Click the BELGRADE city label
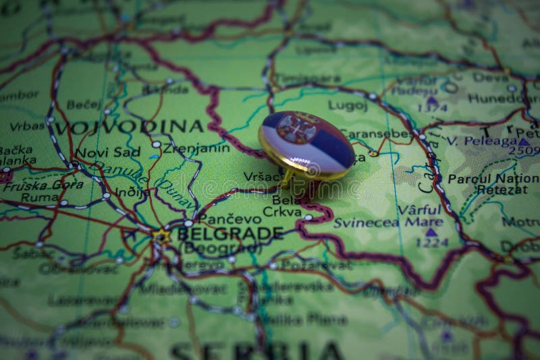(230, 233)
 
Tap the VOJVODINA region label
(128, 127)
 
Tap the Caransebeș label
(375, 133)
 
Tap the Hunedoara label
(503, 98)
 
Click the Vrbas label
(27, 126)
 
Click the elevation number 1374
(433, 108)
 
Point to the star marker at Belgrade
(161, 235)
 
